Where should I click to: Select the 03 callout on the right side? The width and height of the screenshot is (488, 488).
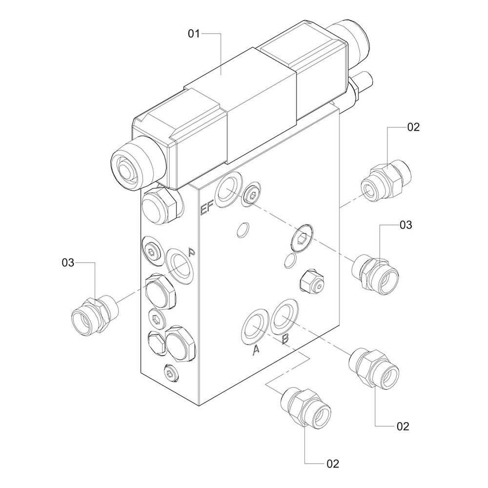pos(406,225)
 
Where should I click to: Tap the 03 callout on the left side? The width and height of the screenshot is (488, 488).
pos(68,263)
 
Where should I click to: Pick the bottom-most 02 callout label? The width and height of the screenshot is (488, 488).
pos(332,463)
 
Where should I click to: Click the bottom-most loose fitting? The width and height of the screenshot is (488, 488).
pos(307,406)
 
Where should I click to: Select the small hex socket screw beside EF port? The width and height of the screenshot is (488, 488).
pos(252,196)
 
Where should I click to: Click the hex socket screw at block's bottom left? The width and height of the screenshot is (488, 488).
pos(170,373)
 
